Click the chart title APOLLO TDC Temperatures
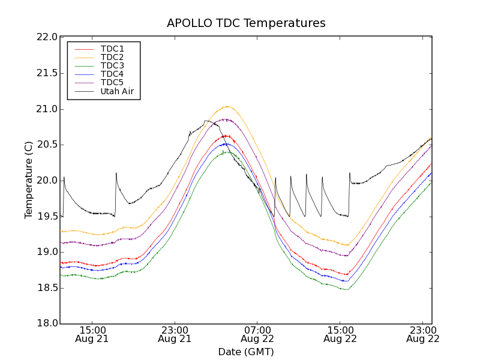point(246,23)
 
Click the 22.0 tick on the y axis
point(47,37)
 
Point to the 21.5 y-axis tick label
point(47,73)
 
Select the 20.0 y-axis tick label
point(47,181)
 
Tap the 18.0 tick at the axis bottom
point(47,324)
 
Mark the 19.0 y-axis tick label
point(47,252)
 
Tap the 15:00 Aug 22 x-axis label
point(340,334)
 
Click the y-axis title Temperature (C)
point(29,180)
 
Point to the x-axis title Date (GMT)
point(246,352)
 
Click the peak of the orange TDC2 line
point(227,106)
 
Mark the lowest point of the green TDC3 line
point(347,290)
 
